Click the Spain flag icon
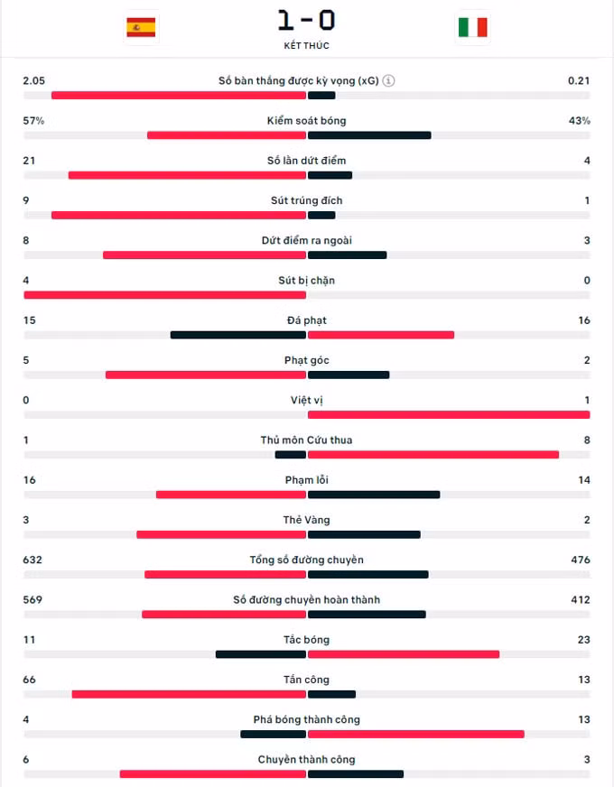141,27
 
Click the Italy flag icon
473,27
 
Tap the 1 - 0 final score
307,21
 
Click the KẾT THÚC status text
307,46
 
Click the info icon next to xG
388,80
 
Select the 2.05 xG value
34,80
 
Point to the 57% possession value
33,120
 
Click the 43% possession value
580,120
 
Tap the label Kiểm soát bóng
307,120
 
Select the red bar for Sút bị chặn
164,295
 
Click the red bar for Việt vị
449,414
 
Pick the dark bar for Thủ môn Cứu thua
291,455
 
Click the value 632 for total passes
33,560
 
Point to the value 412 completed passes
581,599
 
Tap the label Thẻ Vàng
307,520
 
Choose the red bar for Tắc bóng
404,654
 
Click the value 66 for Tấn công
30,679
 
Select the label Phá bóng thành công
307,719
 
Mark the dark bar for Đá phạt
238,335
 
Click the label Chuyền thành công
307,759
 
